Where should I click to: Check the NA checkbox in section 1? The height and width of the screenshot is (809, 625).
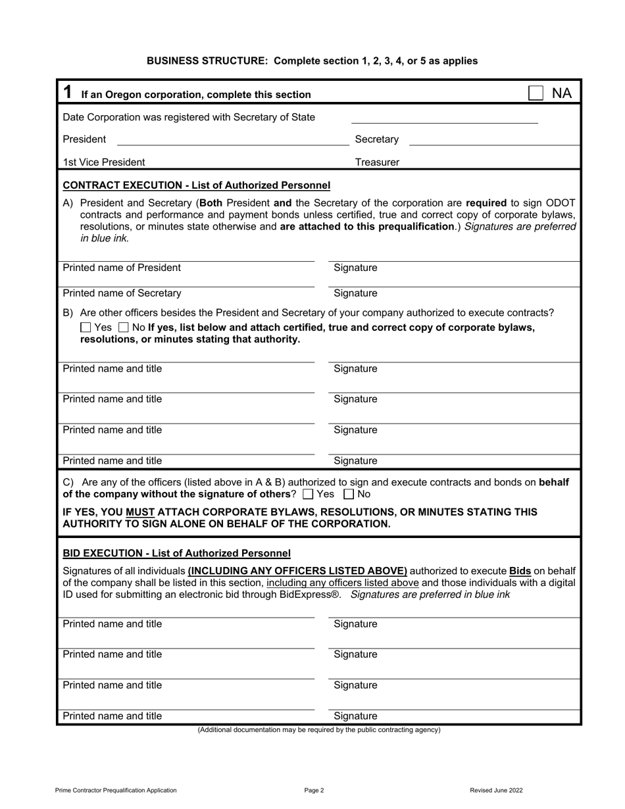[x=536, y=93]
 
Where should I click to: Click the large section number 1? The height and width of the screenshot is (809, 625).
[x=67, y=93]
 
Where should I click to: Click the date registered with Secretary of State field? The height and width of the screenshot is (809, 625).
[x=444, y=118]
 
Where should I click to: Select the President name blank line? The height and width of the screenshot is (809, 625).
[x=231, y=139]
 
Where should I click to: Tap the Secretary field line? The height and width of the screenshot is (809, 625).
[x=494, y=139]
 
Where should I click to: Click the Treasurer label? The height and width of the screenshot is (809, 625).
[x=377, y=162]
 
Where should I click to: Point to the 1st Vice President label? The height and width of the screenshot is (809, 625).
[x=104, y=162]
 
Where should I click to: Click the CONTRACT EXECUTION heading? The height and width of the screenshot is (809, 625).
[x=196, y=185]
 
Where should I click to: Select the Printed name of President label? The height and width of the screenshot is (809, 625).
[x=122, y=268]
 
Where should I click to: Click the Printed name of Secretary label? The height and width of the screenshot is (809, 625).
[x=122, y=293]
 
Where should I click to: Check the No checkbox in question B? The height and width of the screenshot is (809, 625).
[x=123, y=328]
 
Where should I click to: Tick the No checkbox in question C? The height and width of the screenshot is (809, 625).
[x=349, y=494]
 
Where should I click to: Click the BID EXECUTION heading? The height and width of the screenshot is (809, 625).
[x=176, y=554]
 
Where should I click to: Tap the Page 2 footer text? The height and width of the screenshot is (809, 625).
[x=314, y=791]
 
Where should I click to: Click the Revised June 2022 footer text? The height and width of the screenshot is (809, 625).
[x=496, y=791]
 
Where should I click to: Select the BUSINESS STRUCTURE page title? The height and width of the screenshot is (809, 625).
[x=312, y=61]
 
